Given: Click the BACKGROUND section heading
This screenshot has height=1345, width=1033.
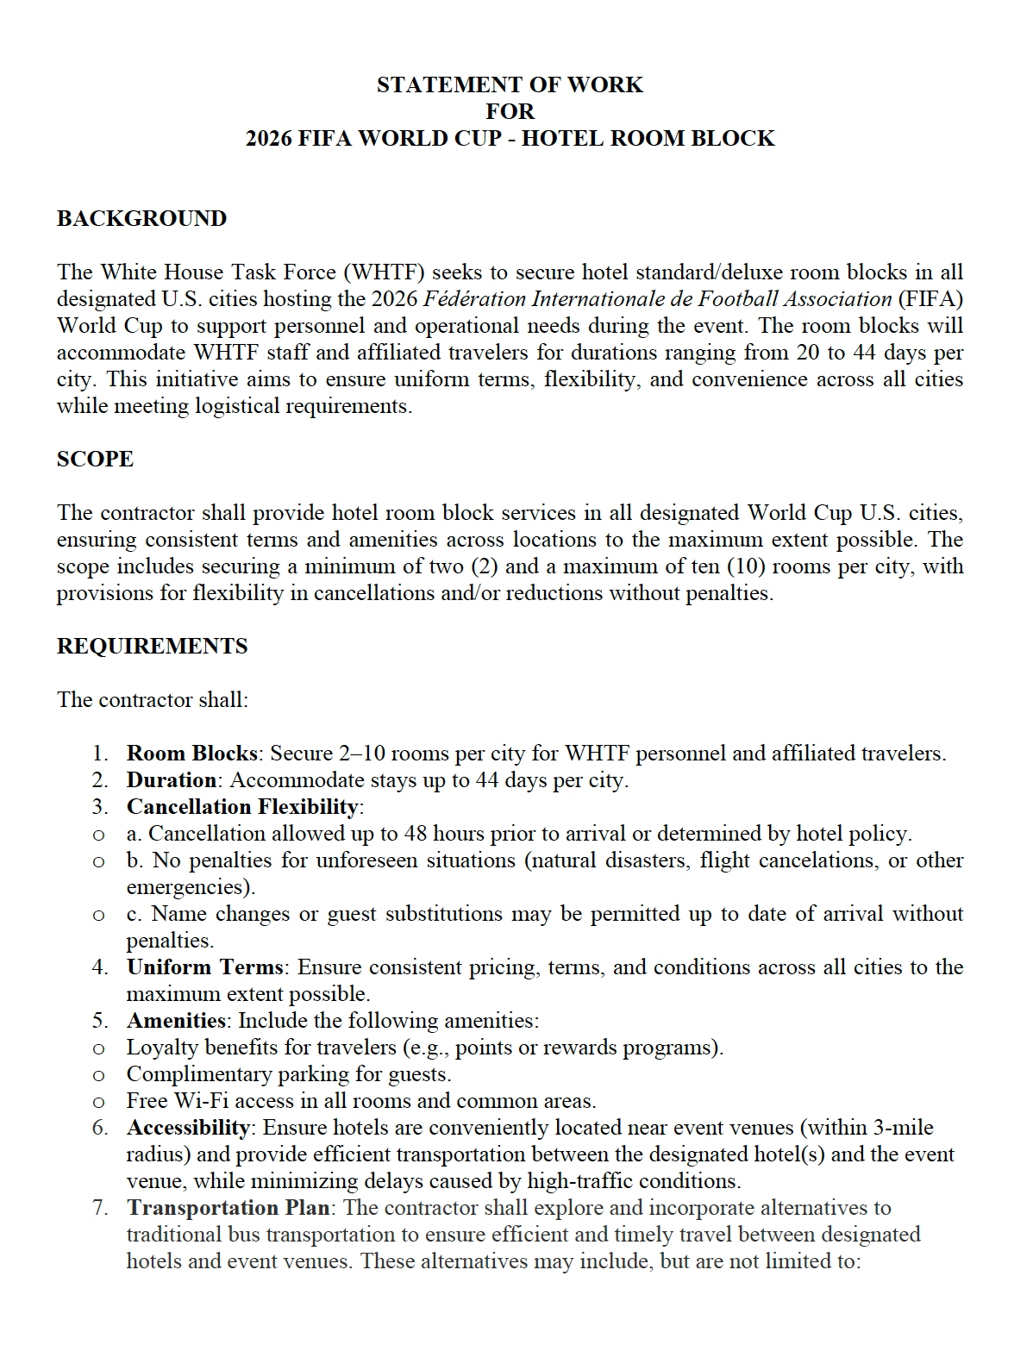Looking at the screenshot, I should (x=141, y=218).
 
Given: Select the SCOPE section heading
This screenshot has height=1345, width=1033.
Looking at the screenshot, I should (x=95, y=459).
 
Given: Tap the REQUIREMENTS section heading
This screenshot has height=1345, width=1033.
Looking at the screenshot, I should (x=152, y=646).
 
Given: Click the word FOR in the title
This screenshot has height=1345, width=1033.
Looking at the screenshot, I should (x=510, y=111).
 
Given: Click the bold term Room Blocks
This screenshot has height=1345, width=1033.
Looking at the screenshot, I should (x=191, y=754).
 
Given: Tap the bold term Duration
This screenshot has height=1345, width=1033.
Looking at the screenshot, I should (x=172, y=780).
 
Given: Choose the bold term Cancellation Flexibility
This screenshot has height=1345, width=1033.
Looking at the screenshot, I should (x=242, y=807).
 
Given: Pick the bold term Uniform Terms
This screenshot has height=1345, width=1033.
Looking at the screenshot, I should (x=204, y=967).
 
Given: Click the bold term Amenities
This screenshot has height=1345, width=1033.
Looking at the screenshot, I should (x=176, y=1021).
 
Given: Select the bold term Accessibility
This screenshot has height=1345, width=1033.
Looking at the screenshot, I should (x=188, y=1128).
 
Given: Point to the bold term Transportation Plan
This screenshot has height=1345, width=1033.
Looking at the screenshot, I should (x=228, y=1208).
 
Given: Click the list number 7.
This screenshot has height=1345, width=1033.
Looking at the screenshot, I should (x=101, y=1208).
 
